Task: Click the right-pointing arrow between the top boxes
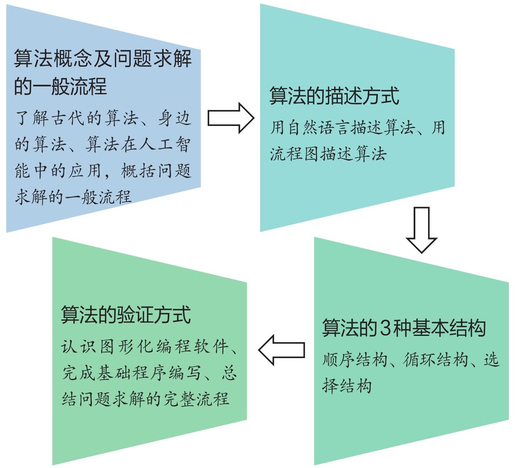[231, 118]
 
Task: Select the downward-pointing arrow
[421, 230]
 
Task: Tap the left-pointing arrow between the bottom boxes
[282, 350]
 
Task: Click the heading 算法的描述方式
[334, 96]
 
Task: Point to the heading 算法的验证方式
[126, 314]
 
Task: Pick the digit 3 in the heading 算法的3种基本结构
[385, 328]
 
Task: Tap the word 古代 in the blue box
[68, 118]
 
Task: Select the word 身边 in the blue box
[175, 118]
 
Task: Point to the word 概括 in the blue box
[138, 171]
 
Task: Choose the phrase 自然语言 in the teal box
[319, 127]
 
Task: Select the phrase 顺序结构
[355, 359]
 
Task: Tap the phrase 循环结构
[435, 359]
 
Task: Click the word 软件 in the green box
[211, 347]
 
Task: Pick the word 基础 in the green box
[114, 373]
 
